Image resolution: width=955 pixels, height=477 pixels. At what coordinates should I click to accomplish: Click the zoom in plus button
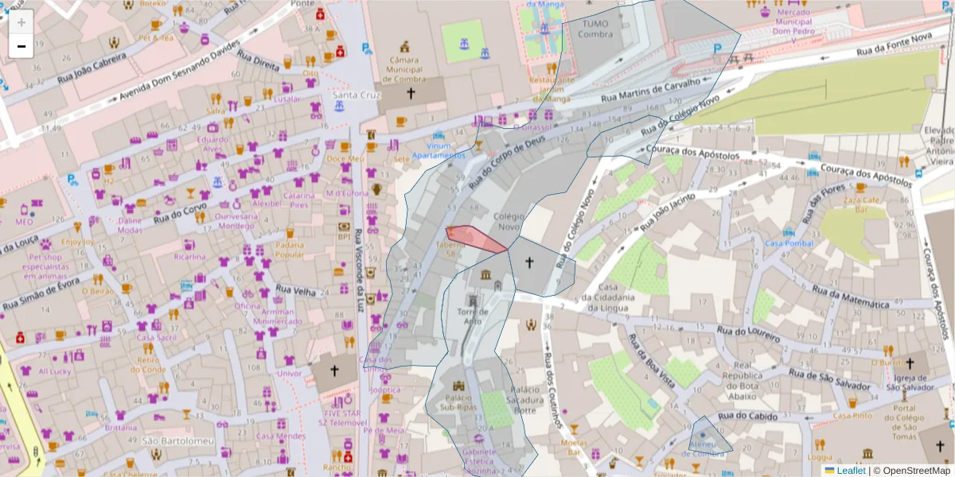(21, 21)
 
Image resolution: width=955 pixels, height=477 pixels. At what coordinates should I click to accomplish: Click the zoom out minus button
(21, 46)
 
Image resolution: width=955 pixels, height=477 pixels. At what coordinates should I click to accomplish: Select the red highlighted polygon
(474, 238)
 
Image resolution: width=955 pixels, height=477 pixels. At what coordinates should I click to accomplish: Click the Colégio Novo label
(510, 220)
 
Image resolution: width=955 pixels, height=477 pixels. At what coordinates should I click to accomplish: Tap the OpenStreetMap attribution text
(913, 471)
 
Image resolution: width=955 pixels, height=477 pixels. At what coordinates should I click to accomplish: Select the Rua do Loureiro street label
(748, 332)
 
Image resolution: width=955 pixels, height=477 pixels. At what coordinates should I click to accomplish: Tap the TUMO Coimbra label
(594, 29)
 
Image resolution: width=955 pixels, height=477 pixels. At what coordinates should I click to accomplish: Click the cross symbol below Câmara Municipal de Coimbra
(411, 94)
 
